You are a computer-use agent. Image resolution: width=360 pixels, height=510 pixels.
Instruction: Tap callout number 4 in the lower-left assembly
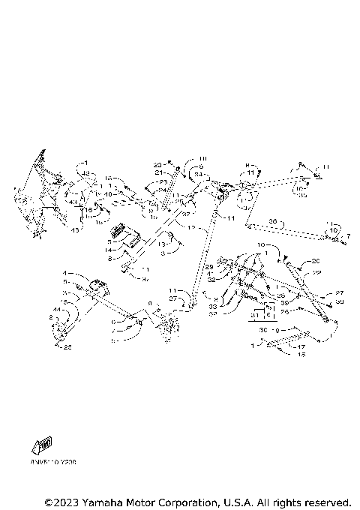pos(65,273)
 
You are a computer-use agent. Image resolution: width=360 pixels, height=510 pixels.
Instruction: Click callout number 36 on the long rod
pos(273,221)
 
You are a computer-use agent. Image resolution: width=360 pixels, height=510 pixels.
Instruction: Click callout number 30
pos(262,329)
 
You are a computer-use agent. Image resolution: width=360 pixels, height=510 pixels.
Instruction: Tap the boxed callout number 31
pos(253,316)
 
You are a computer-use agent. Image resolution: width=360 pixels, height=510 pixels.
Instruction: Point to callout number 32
pos(212,279)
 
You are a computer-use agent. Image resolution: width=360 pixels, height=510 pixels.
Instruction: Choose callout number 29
pos(209,267)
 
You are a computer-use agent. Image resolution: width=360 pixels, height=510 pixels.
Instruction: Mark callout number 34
pos(197,174)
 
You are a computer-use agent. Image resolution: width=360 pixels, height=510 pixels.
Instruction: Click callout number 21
pos(159,172)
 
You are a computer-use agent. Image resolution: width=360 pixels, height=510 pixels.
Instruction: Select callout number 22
pos(316,272)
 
